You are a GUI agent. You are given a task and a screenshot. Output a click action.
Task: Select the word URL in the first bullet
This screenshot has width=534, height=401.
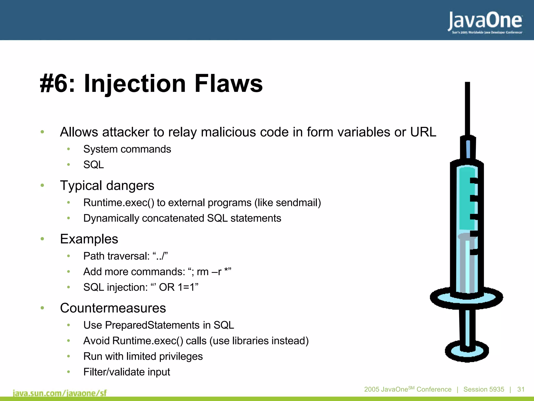(x=423, y=132)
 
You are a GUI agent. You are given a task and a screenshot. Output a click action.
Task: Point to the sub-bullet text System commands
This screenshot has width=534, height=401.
(x=127, y=149)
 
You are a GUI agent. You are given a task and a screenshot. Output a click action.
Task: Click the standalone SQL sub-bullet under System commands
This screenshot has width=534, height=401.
(x=93, y=165)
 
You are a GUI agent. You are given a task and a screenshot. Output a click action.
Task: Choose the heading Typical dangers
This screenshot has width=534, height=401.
(x=107, y=186)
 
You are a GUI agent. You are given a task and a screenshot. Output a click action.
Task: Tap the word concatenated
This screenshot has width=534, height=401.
(x=173, y=218)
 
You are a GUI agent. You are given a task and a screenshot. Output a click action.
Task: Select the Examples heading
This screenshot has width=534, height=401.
(x=89, y=239)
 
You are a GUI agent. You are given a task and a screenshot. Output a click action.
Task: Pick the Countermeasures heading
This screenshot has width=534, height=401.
(x=113, y=308)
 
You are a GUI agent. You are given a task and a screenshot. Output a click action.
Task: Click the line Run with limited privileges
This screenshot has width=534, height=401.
(x=143, y=357)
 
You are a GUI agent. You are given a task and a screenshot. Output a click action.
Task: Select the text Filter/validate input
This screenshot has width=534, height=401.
(x=126, y=372)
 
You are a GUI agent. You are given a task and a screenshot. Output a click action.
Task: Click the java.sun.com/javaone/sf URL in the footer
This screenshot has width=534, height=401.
(x=60, y=393)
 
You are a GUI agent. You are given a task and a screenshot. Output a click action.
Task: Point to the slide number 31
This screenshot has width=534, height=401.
(x=521, y=390)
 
